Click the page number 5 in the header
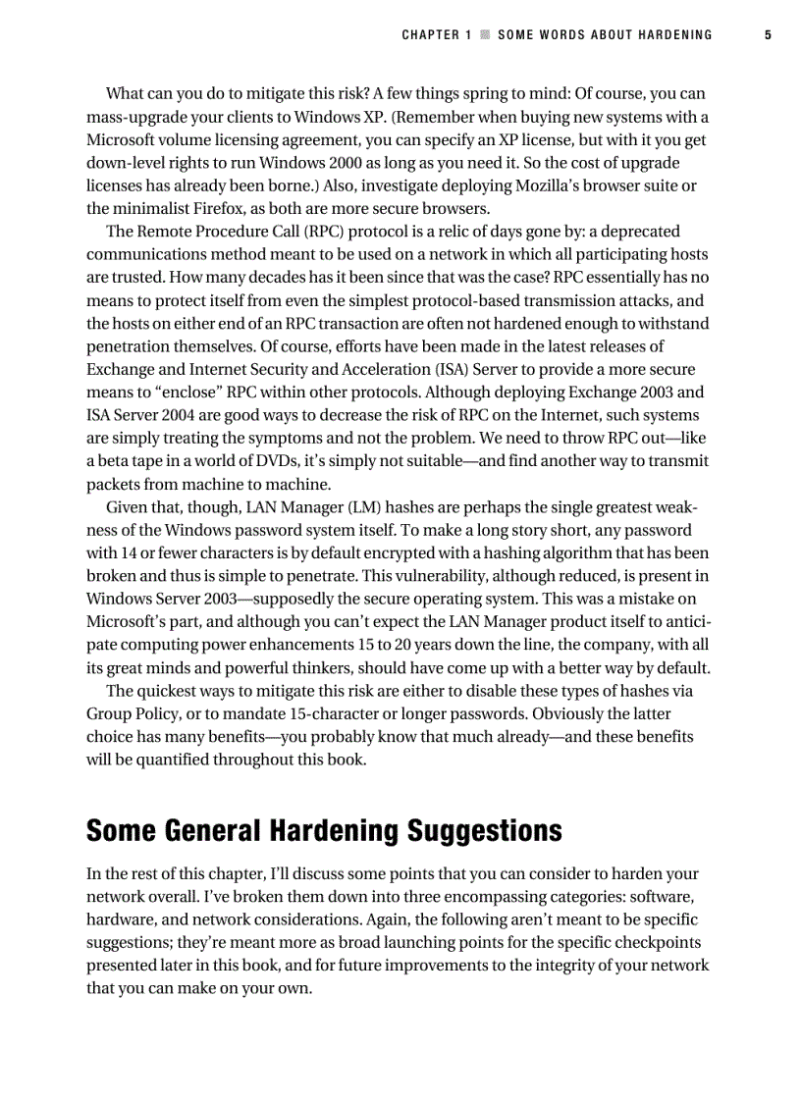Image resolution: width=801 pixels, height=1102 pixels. (x=768, y=35)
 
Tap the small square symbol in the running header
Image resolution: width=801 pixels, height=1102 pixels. (x=484, y=35)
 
